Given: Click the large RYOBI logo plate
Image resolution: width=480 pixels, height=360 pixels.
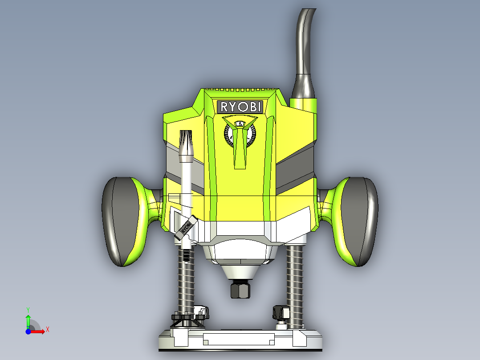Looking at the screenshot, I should (x=240, y=106).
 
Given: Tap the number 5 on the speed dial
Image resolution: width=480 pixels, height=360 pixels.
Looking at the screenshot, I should (x=240, y=123).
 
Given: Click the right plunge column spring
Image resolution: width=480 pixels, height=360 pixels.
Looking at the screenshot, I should (x=295, y=281).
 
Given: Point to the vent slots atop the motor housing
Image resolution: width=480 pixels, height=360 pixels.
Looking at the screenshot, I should (x=240, y=90).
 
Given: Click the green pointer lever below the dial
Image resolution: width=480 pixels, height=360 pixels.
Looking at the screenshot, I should (x=240, y=149).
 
